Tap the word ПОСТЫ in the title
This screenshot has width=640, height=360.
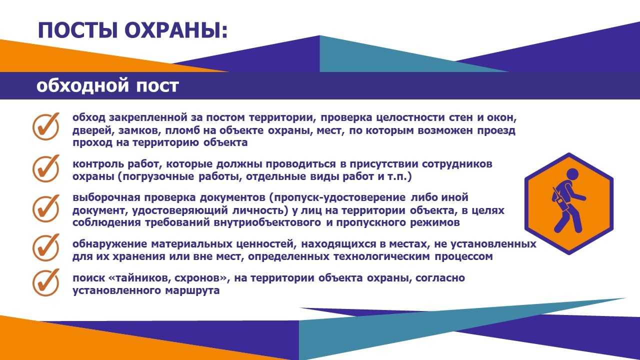[x=77, y=30]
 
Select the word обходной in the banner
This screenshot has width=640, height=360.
[x=82, y=85]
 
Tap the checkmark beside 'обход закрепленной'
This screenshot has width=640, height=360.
[x=46, y=126]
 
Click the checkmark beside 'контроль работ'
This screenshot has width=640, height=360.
[x=46, y=168]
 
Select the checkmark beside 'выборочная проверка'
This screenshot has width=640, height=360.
[x=46, y=208]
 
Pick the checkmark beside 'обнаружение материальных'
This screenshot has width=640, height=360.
[x=46, y=247]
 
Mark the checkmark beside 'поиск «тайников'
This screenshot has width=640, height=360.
[x=46, y=282]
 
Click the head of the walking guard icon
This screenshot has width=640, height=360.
[x=572, y=174]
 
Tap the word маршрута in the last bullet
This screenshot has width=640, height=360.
[x=192, y=291]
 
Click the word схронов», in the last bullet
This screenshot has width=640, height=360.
[x=202, y=278]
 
